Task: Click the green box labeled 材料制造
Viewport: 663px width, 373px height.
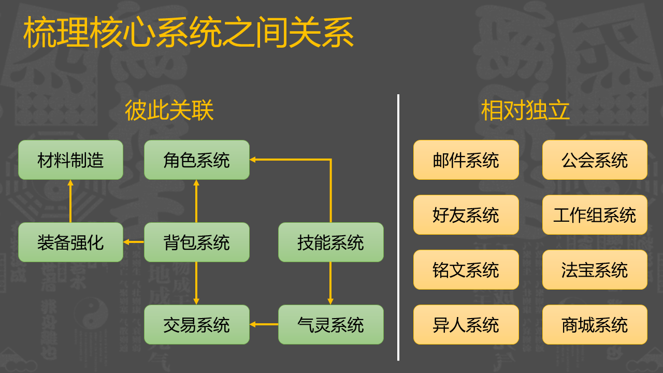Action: pyautogui.click(x=71, y=160)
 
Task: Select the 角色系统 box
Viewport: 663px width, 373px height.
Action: pyautogui.click(x=197, y=160)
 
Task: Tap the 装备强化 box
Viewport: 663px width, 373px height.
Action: pyautogui.click(x=71, y=242)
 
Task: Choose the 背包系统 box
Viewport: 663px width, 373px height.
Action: pyautogui.click(x=197, y=242)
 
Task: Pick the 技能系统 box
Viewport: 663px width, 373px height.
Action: pyautogui.click(x=331, y=242)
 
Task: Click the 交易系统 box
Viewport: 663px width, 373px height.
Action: pyautogui.click(x=197, y=324)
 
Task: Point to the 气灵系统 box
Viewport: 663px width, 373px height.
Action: pyautogui.click(x=331, y=324)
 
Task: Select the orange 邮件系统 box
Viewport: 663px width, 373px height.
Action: pyautogui.click(x=466, y=160)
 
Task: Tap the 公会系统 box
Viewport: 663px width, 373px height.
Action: pyautogui.click(x=595, y=160)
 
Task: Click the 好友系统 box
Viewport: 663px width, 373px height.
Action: pyautogui.click(x=466, y=214)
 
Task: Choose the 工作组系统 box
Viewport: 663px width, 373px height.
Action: pyautogui.click(x=595, y=214)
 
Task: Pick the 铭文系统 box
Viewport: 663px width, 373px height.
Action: pyautogui.click(x=466, y=270)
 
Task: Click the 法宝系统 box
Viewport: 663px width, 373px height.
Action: pyautogui.click(x=595, y=270)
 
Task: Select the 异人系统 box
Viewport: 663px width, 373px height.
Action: pyautogui.click(x=466, y=324)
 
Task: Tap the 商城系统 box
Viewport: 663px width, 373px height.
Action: pyautogui.click(x=595, y=324)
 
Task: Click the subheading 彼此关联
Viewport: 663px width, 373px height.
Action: pyautogui.click(x=169, y=110)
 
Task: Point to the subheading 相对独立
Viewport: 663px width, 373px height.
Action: pyautogui.click(x=525, y=110)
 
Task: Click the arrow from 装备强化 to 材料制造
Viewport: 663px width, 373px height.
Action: pyautogui.click(x=70, y=201)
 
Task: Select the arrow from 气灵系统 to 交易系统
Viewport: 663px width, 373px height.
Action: pyautogui.click(x=264, y=324)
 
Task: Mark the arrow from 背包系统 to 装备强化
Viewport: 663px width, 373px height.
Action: pyautogui.click(x=134, y=242)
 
